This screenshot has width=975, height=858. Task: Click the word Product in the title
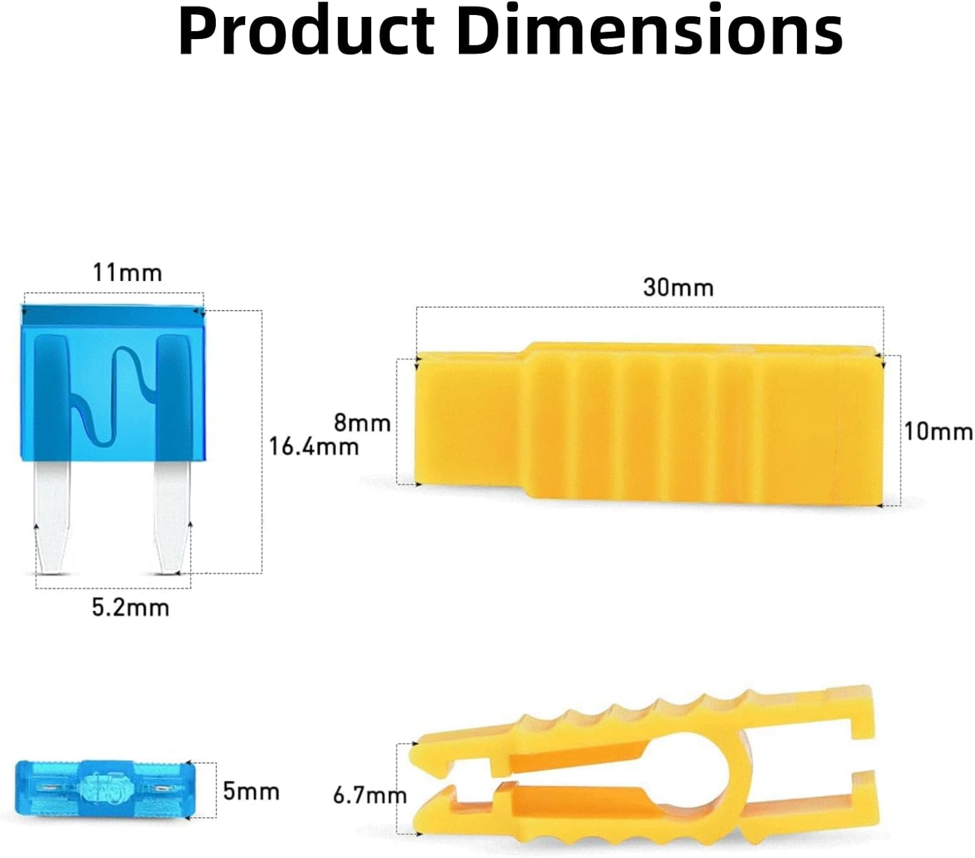pyautogui.click(x=306, y=30)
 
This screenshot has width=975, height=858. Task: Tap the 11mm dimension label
pyautogui.click(x=127, y=273)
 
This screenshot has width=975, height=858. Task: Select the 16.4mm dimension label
pyautogui.click(x=314, y=447)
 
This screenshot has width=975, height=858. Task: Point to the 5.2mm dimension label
pyautogui.click(x=131, y=608)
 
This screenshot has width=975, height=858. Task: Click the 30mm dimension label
pyautogui.click(x=678, y=287)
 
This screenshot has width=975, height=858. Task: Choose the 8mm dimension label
pyautogui.click(x=363, y=423)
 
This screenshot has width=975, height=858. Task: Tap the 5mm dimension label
pyautogui.click(x=251, y=792)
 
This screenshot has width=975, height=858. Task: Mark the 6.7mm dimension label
pyautogui.click(x=370, y=796)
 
